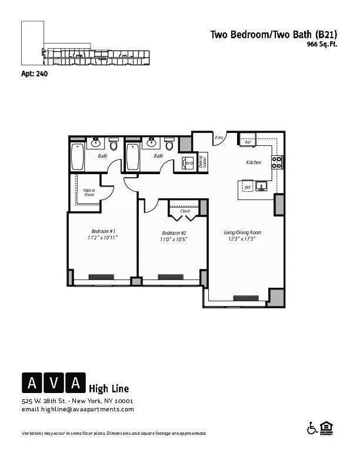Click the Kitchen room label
(254, 162)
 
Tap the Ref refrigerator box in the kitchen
(248, 142)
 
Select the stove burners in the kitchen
(277, 162)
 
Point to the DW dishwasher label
(247, 188)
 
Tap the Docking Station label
(202, 162)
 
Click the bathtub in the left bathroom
(77, 157)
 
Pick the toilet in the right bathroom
(169, 145)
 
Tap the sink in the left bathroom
(95, 142)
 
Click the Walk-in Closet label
(89, 192)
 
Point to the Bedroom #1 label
(103, 231)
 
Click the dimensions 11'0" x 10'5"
(174, 239)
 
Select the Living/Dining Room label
(242, 232)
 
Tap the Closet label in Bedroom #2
(185, 211)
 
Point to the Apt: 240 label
(34, 74)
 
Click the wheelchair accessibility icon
(312, 428)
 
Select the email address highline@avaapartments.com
(78, 409)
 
